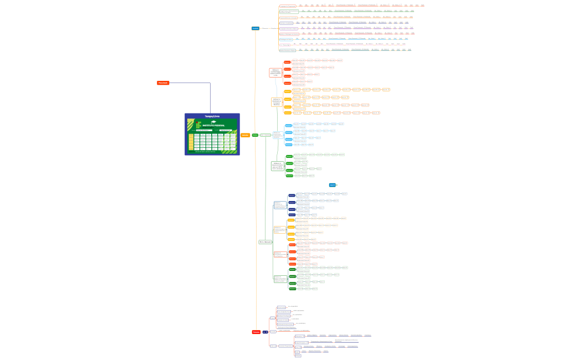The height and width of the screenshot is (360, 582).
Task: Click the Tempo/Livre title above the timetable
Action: (212, 116)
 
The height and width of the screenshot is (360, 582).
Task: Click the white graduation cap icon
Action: (213, 122)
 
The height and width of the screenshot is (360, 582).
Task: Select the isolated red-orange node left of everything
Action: (163, 83)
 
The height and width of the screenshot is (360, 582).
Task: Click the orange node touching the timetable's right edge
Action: (245, 135)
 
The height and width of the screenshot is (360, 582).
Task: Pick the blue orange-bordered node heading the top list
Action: (255, 28)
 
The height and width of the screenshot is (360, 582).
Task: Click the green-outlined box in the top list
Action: (289, 12)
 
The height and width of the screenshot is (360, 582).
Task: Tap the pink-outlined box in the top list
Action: (285, 45)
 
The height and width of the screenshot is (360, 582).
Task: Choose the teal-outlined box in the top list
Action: (288, 50)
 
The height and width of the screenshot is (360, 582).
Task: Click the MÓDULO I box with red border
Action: (275, 73)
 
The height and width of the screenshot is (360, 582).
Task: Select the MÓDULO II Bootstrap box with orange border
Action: (277, 102)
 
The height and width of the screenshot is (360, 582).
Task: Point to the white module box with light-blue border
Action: (278, 135)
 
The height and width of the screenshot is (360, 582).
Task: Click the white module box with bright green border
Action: (278, 166)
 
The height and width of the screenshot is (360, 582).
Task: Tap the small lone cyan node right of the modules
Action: (333, 185)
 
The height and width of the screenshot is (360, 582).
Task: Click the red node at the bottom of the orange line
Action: (256, 332)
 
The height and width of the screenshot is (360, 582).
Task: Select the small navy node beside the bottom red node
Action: (265, 332)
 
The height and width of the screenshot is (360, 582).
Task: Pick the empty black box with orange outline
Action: (280, 230)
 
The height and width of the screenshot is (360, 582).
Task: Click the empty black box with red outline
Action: (280, 255)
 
